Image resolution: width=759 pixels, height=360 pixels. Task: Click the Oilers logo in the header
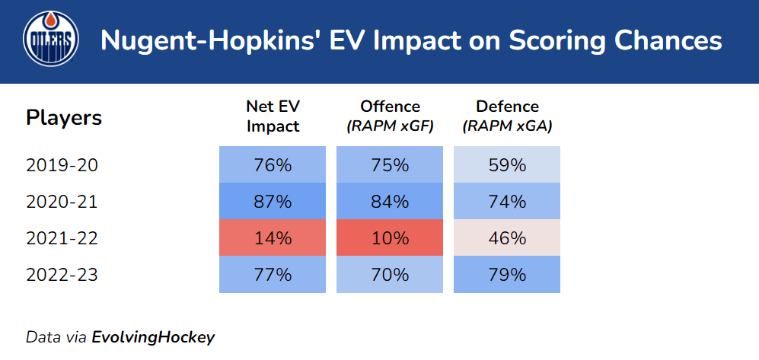[x=51, y=41]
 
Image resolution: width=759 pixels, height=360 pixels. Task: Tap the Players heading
[x=64, y=118]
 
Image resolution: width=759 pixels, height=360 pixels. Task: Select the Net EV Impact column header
[x=273, y=116]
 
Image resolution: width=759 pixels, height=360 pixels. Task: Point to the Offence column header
[x=390, y=116]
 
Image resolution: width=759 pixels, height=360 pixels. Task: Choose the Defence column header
[x=507, y=116]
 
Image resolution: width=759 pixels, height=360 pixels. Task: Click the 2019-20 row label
[x=62, y=165]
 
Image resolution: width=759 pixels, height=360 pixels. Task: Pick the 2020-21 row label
[x=62, y=202]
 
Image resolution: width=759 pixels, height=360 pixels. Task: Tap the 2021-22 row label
[x=62, y=238]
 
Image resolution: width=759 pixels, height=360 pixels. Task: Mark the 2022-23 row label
[x=62, y=275]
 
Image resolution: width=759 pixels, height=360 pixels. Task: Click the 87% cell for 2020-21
[x=273, y=202]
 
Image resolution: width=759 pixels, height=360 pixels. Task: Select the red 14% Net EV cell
[x=273, y=238]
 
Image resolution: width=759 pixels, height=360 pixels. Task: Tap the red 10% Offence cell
[x=390, y=238]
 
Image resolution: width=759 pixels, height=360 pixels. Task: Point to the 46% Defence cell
[x=507, y=238]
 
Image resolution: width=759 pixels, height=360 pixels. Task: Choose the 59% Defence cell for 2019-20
[x=507, y=165]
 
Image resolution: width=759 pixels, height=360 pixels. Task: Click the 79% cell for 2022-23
[x=507, y=275]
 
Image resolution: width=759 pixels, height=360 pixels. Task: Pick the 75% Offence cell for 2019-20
[x=390, y=165]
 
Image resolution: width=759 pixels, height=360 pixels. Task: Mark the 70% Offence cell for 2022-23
[x=390, y=275]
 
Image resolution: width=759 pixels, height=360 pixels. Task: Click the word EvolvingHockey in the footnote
[x=153, y=336]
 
